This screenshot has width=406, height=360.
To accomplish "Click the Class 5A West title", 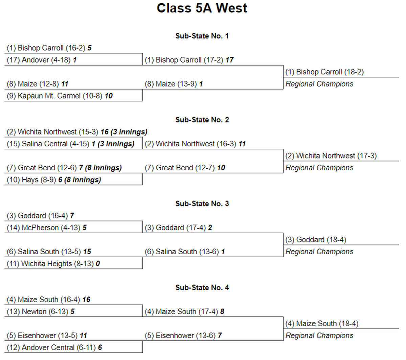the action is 202,8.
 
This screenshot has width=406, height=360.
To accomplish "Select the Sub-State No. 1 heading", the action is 202,36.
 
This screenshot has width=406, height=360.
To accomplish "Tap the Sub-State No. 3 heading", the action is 202,203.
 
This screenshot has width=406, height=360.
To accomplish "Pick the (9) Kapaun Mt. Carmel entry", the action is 60,96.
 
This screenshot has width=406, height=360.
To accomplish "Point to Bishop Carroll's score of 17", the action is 230,60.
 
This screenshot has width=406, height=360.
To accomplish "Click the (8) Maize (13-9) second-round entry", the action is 174,84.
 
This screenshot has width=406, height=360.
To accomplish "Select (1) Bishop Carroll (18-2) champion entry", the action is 324,72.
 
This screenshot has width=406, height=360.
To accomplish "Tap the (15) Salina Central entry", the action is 70,144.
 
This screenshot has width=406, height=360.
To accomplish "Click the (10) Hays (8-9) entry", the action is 54,180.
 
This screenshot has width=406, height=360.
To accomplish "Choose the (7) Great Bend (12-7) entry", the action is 185,168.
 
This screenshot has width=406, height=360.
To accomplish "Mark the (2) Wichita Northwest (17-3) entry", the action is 331,156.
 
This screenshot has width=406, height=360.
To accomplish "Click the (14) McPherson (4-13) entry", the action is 47,227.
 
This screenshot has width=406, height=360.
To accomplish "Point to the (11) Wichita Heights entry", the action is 53,264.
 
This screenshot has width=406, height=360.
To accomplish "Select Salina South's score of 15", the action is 87,252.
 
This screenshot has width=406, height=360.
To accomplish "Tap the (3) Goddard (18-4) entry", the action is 316,240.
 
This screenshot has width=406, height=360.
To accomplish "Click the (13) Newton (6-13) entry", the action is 41,312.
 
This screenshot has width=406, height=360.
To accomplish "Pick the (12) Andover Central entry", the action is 54,347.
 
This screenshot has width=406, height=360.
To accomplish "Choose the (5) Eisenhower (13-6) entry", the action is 183,336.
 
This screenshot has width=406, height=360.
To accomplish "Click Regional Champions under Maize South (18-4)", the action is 319,336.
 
